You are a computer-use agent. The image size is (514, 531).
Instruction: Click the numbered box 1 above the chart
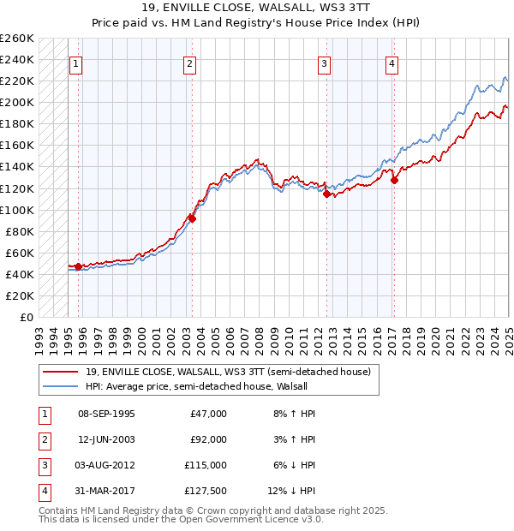(x=76, y=63)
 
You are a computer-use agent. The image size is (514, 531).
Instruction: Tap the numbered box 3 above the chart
(x=325, y=63)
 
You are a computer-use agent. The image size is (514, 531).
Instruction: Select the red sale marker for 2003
(x=192, y=218)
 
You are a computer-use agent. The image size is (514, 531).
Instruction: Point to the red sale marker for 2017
(x=394, y=180)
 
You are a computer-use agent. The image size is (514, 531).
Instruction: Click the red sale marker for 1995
(x=78, y=266)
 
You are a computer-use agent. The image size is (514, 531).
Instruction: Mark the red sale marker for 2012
(x=326, y=194)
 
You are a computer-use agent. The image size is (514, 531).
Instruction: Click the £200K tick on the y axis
(x=17, y=102)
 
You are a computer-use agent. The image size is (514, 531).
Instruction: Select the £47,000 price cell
(x=208, y=414)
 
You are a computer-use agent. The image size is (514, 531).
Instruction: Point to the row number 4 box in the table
(x=43, y=491)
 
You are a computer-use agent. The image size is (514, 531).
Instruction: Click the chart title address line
(x=257, y=9)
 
